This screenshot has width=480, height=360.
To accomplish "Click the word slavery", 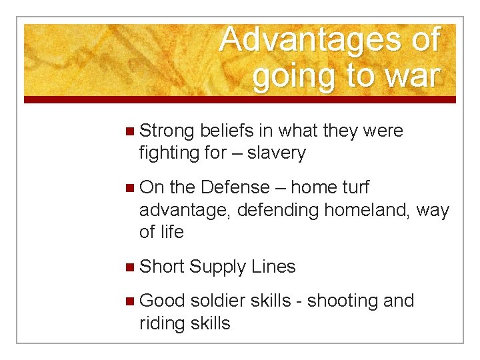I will click(277, 153).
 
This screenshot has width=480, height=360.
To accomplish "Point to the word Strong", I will click(167, 131).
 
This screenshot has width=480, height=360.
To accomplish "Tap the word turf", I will click(354, 188).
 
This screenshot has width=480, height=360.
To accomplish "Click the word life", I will click(171, 232).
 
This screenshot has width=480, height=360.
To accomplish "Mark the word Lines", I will click(273, 267).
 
